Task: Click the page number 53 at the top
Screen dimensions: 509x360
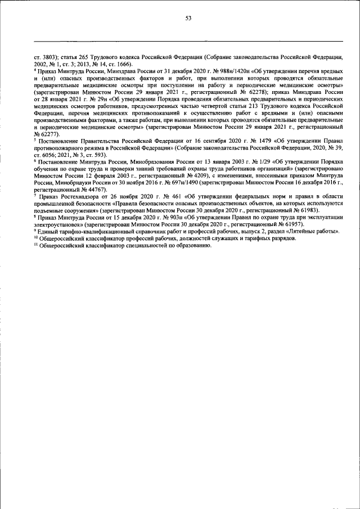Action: tap(188, 18)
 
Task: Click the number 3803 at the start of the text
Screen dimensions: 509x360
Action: tap(48, 57)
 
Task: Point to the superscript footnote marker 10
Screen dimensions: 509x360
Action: tap(36, 237)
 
